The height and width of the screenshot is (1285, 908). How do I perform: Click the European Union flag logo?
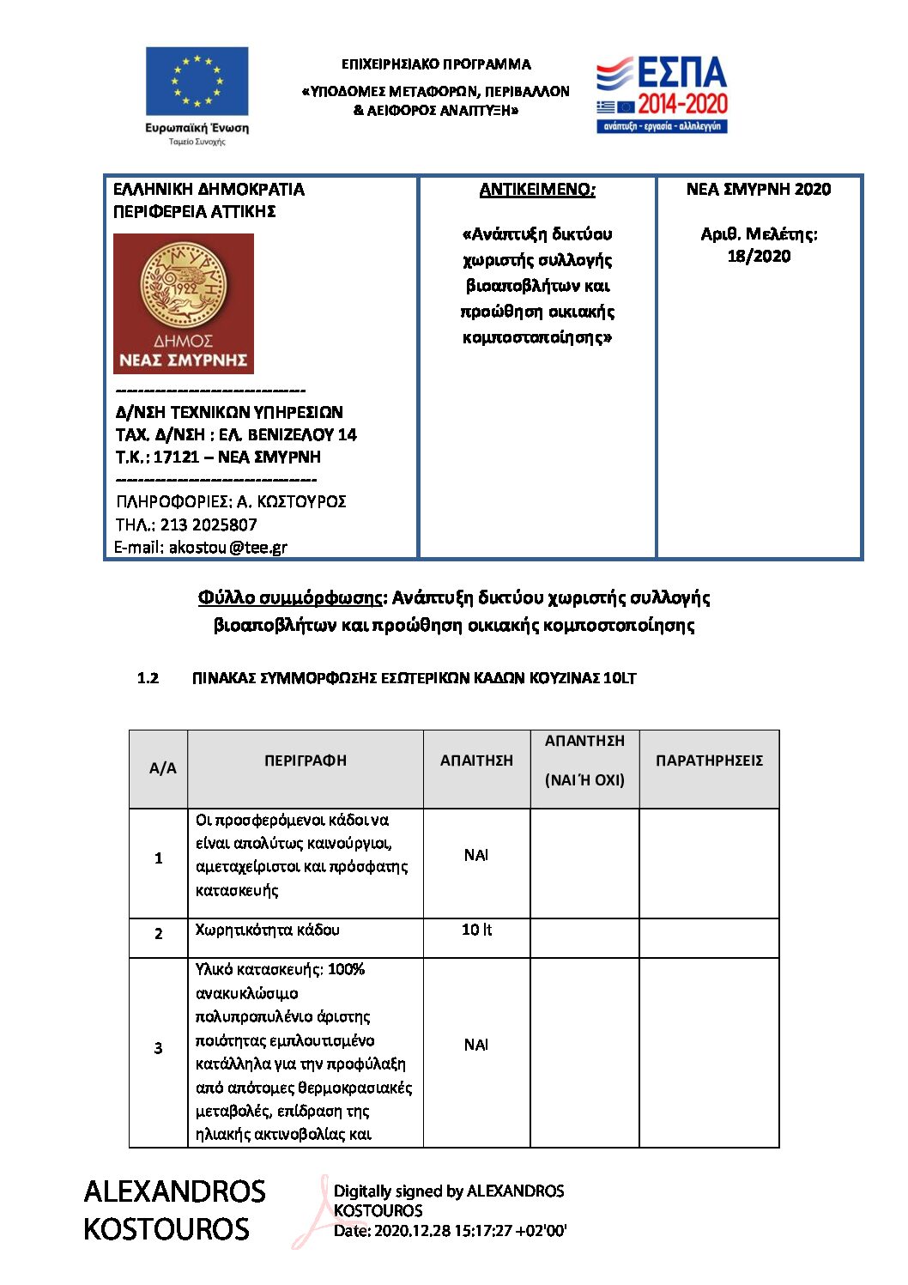coord(197,82)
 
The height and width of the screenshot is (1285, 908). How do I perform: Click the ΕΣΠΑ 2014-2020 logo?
coord(662,94)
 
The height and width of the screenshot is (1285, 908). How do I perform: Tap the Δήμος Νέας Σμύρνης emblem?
coord(184,303)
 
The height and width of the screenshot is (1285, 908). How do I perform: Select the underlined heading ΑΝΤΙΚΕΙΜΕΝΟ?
coord(537,190)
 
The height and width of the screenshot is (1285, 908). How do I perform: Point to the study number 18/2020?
coord(759,256)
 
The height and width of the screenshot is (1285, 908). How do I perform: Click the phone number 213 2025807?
coord(209,524)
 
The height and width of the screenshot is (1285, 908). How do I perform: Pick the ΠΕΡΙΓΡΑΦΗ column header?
coord(306,761)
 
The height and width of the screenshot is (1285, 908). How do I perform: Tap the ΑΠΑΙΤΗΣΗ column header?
coord(476,761)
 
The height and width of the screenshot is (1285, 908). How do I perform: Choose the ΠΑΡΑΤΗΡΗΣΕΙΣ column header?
coord(709,761)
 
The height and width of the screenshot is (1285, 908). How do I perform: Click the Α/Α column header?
coord(162,768)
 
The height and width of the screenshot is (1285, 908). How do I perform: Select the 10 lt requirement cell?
coord(476,930)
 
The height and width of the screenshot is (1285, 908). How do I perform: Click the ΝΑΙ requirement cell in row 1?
coord(476,855)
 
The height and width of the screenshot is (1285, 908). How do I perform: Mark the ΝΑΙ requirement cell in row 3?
coord(476,1045)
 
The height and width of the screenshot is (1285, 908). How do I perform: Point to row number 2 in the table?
coord(158,933)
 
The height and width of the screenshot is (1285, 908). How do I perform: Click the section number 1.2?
coord(148,678)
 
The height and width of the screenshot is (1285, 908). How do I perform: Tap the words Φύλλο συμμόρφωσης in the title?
coord(290,597)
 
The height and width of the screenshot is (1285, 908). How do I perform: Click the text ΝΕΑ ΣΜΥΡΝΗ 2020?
coord(759,190)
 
